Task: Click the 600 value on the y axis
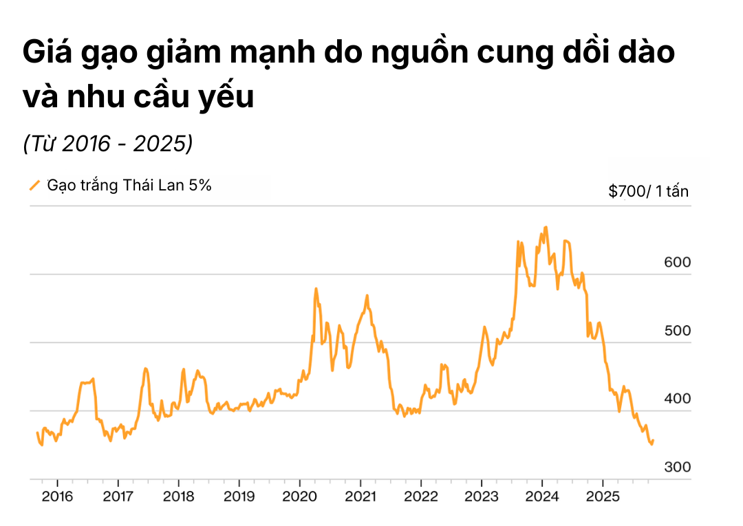pos(678,263)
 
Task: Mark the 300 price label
pos(678,468)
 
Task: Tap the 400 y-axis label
pos(678,399)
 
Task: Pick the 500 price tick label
pos(678,331)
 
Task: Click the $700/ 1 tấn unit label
pos(648,192)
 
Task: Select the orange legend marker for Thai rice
pos(34,185)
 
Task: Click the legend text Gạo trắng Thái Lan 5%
pos(129,185)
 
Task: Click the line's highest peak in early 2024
pos(546,227)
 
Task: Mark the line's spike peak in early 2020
pos(316,289)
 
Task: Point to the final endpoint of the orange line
pos(653,440)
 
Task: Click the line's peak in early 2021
pos(367,296)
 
